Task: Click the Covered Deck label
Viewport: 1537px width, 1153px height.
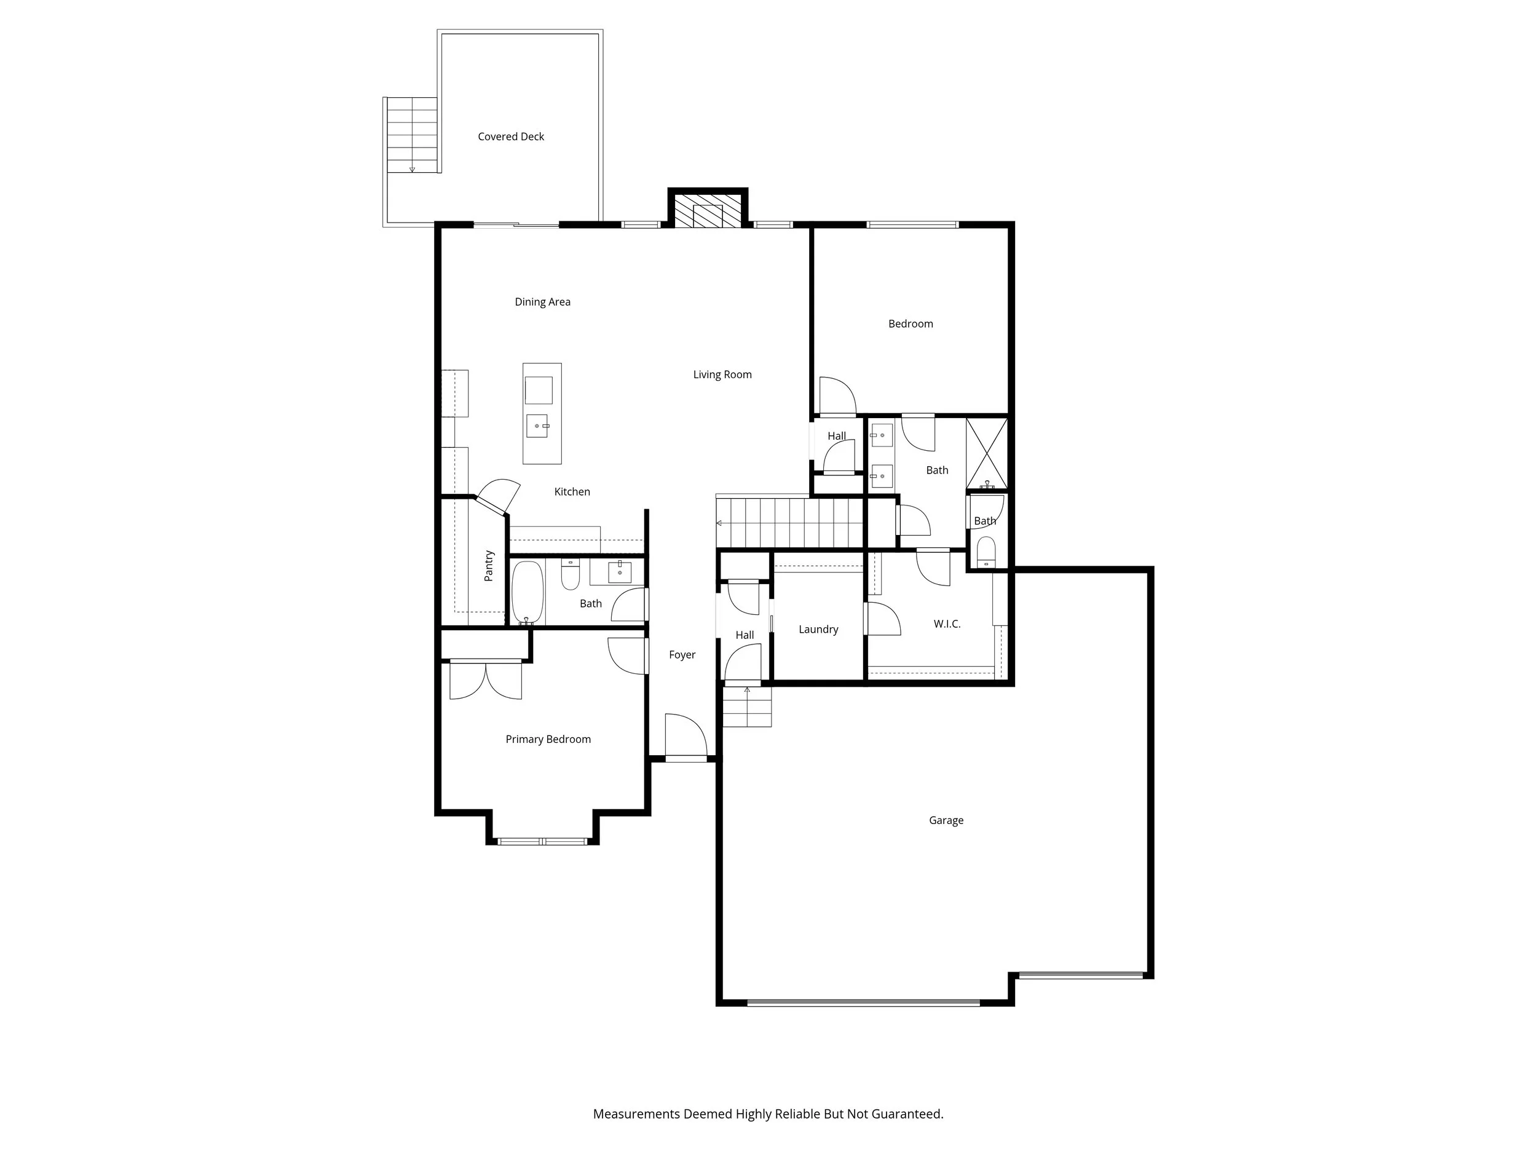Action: (511, 137)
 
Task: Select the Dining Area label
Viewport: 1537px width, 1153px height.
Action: (542, 302)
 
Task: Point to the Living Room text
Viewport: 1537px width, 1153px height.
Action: (722, 374)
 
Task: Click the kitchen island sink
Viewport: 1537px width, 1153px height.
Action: (537, 426)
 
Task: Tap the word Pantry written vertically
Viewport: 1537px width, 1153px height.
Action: (489, 566)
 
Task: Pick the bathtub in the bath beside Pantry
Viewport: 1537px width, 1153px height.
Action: (527, 592)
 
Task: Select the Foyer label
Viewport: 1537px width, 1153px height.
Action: (682, 655)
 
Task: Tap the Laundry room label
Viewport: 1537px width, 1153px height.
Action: (818, 630)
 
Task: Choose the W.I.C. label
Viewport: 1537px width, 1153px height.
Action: (946, 624)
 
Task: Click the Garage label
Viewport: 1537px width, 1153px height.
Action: (946, 820)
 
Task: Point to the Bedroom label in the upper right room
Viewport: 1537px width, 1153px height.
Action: (911, 324)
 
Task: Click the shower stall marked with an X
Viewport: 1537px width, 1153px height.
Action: (987, 453)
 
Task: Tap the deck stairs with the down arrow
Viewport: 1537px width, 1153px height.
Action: (412, 135)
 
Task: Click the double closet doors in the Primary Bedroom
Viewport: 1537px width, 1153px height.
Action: (486, 680)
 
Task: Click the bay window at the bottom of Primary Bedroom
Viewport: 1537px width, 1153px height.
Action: (542, 842)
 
